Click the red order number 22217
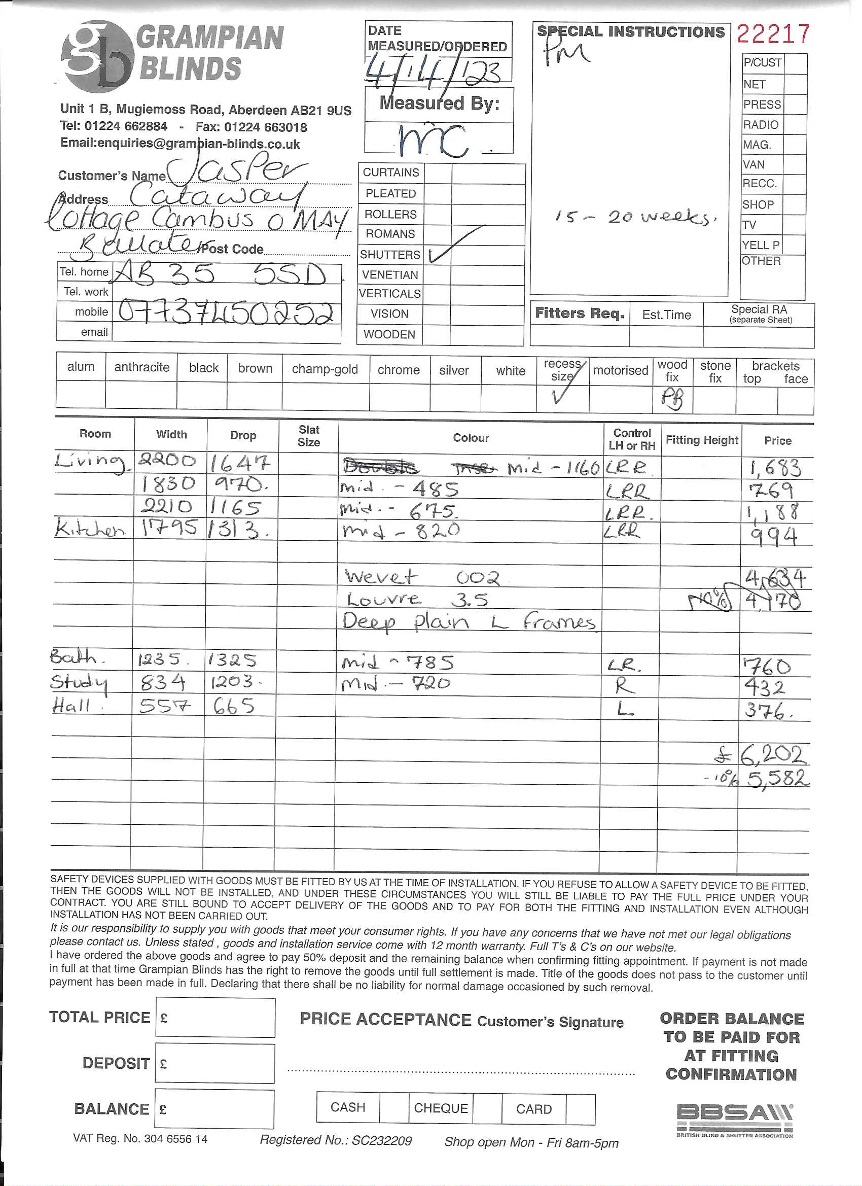click(x=773, y=34)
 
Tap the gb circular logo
click(x=96, y=56)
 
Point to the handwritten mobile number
click(x=226, y=312)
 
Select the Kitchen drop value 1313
click(x=238, y=531)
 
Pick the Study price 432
click(x=764, y=687)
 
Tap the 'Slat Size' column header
click(x=308, y=436)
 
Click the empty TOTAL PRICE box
click(x=215, y=1017)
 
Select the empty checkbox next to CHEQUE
click(x=487, y=1108)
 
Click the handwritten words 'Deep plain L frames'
click(x=469, y=622)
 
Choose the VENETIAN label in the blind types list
click(x=390, y=275)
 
